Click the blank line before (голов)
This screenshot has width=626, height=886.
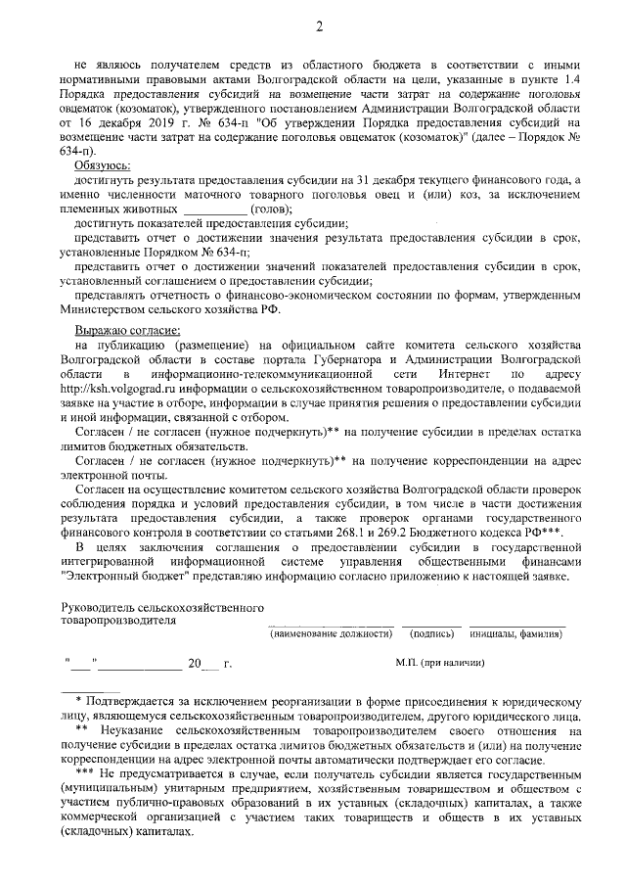(x=215, y=210)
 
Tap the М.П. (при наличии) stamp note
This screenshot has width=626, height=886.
(x=439, y=663)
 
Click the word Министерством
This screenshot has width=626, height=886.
(x=109, y=309)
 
